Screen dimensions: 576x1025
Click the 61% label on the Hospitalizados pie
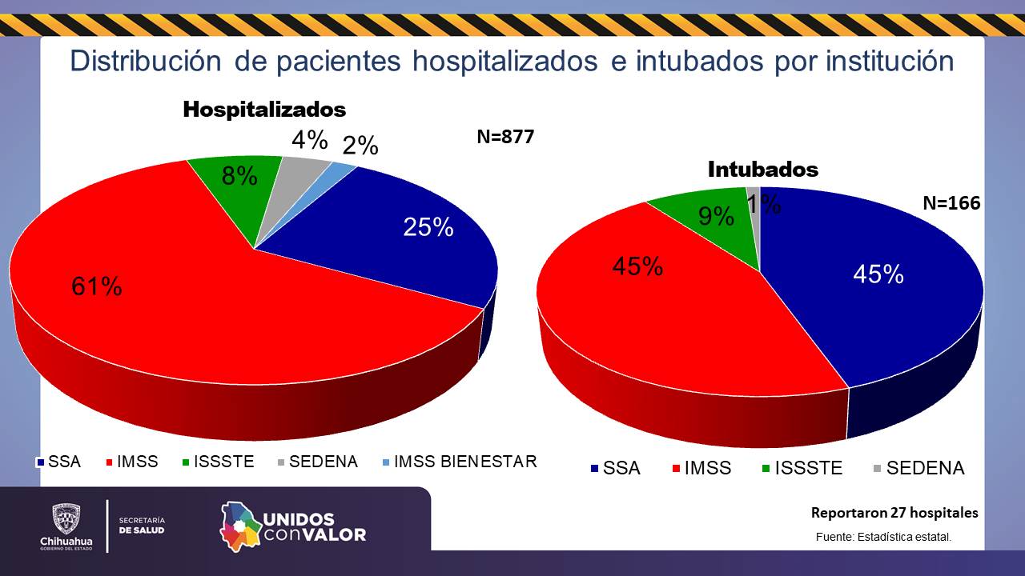point(97,286)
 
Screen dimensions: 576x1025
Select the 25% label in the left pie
point(428,227)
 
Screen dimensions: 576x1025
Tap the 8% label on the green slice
point(239,176)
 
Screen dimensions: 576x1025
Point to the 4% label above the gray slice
point(309,140)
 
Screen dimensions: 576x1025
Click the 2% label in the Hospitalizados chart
point(360,146)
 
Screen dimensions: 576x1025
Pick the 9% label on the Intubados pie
point(716,215)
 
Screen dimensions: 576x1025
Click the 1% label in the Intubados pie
point(765,205)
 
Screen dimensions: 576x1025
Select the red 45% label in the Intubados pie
point(637,266)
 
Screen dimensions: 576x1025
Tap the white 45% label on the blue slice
point(878,274)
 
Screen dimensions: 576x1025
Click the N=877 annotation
point(505,137)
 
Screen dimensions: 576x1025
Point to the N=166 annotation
point(951,203)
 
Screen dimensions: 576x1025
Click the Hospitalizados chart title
point(264,110)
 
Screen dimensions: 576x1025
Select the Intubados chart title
point(763,170)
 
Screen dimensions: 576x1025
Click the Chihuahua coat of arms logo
point(66,519)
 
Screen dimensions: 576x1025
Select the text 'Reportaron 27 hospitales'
point(894,513)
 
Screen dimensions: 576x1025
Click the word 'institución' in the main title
point(887,62)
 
